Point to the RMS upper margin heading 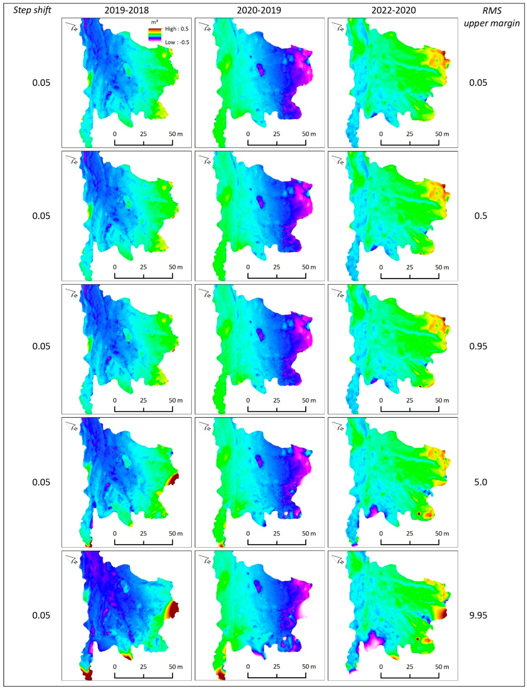(x=492, y=17)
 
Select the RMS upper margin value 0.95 (x=478, y=346)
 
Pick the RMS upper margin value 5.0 (x=480, y=482)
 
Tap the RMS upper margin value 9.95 (x=478, y=615)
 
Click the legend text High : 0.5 (x=177, y=29)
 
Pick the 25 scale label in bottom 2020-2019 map (x=276, y=667)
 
